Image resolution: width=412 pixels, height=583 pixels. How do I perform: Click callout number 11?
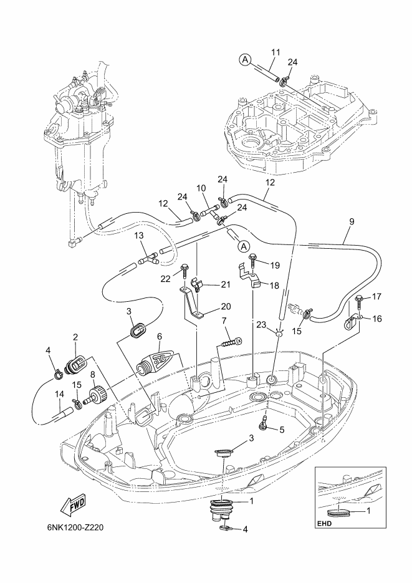tap(275, 52)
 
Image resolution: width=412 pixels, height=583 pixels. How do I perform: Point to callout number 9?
tap(352, 221)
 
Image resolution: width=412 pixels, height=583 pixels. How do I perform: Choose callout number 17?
tap(376, 297)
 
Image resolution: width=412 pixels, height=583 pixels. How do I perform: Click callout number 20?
tap(226, 306)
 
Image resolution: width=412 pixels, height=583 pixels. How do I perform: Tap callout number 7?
tap(224, 320)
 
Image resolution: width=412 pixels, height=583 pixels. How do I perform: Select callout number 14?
tap(59, 394)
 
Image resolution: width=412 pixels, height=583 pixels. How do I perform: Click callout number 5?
tap(282, 430)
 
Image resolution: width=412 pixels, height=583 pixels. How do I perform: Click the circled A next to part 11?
tap(245, 59)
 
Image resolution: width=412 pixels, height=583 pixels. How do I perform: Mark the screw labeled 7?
tap(231, 341)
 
